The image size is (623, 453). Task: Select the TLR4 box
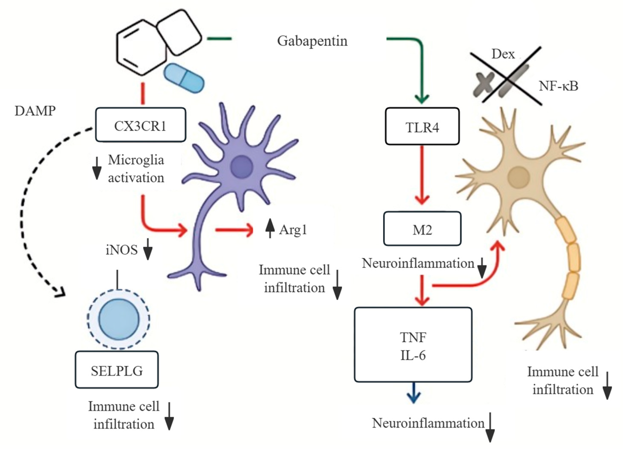click(x=422, y=126)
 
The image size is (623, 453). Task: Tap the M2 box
click(x=422, y=229)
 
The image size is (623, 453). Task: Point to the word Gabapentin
click(x=312, y=41)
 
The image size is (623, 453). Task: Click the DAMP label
click(x=35, y=111)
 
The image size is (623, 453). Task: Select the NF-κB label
click(x=558, y=86)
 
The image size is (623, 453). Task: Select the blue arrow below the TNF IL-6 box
click(x=414, y=394)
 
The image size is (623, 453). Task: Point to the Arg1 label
click(x=293, y=230)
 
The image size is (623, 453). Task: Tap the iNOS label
click(x=121, y=250)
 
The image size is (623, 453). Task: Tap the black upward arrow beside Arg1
click(x=270, y=228)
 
